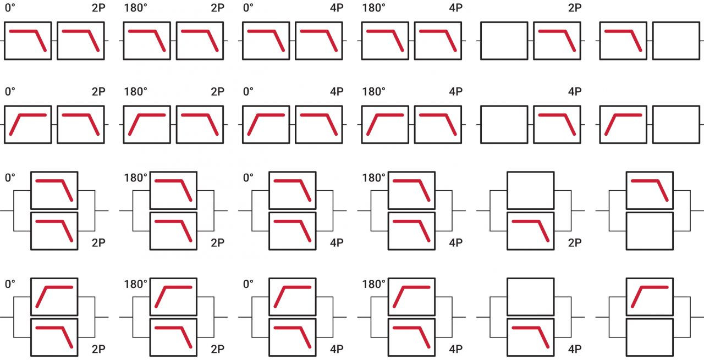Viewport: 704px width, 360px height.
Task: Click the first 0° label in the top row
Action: click(x=10, y=8)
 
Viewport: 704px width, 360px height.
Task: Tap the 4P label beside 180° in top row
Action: click(x=455, y=8)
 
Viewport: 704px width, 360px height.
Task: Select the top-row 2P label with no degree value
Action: click(x=575, y=8)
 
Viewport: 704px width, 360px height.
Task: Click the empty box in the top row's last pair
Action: click(x=676, y=41)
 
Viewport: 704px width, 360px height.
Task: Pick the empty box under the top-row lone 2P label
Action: click(x=504, y=41)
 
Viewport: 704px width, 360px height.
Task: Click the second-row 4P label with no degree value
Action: click(x=575, y=92)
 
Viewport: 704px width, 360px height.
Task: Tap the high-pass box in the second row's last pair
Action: click(x=623, y=125)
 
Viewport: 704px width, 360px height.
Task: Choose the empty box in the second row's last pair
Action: click(x=676, y=125)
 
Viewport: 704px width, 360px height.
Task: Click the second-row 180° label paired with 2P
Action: click(x=135, y=92)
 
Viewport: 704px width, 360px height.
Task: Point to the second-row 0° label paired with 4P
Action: click(x=248, y=92)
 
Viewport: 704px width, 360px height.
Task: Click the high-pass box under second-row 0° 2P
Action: click(x=28, y=125)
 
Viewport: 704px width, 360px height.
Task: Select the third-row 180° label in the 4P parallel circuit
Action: click(x=373, y=178)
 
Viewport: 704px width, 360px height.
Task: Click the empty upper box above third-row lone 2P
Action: click(x=530, y=190)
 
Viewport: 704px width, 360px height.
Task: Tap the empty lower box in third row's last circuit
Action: click(x=650, y=231)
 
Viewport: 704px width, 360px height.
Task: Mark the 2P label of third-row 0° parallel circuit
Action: click(x=98, y=242)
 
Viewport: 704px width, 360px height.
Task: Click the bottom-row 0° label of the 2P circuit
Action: click(x=10, y=284)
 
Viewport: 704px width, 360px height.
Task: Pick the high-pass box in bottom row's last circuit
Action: click(x=650, y=297)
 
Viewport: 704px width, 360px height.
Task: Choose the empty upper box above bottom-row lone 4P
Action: click(x=530, y=297)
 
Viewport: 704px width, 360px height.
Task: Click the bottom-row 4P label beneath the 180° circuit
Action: click(x=455, y=349)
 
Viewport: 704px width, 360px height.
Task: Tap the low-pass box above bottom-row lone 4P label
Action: click(x=530, y=337)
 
